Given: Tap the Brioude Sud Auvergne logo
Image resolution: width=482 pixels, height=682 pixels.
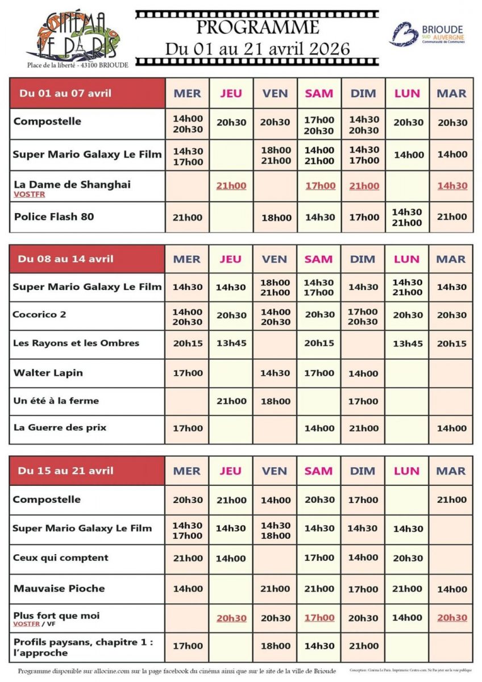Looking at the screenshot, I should point(426,34).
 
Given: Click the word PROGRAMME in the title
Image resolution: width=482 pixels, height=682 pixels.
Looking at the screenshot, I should point(257,27).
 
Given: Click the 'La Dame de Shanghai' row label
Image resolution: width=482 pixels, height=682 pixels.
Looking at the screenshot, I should point(72,184).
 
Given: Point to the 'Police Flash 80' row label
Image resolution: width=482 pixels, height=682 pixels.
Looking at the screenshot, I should point(53,217).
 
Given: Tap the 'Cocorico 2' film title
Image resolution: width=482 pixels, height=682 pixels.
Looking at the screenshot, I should point(40,314).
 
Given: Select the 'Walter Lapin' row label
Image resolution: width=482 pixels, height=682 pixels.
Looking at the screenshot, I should point(48,373).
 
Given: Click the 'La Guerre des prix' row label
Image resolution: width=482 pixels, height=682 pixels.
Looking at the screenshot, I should point(60,427).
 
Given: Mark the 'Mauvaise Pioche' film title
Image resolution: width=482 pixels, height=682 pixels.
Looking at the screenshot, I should point(59,588).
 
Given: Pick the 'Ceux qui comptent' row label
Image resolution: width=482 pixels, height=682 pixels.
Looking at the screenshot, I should point(60,558).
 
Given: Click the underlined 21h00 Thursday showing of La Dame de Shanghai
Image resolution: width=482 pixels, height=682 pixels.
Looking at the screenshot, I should point(231,186).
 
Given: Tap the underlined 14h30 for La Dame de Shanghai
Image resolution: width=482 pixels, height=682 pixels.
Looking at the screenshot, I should point(452,186).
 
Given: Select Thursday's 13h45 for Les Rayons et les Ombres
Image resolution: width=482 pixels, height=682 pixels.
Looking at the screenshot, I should point(231,343).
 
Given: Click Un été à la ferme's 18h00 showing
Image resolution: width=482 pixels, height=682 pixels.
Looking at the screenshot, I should point(275,401).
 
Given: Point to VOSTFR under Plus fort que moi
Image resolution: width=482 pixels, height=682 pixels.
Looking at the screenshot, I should point(28,624).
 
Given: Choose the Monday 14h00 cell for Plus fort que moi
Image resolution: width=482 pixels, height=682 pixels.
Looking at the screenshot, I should point(408,618).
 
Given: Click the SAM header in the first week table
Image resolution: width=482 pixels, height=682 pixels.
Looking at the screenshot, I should point(319,93).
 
